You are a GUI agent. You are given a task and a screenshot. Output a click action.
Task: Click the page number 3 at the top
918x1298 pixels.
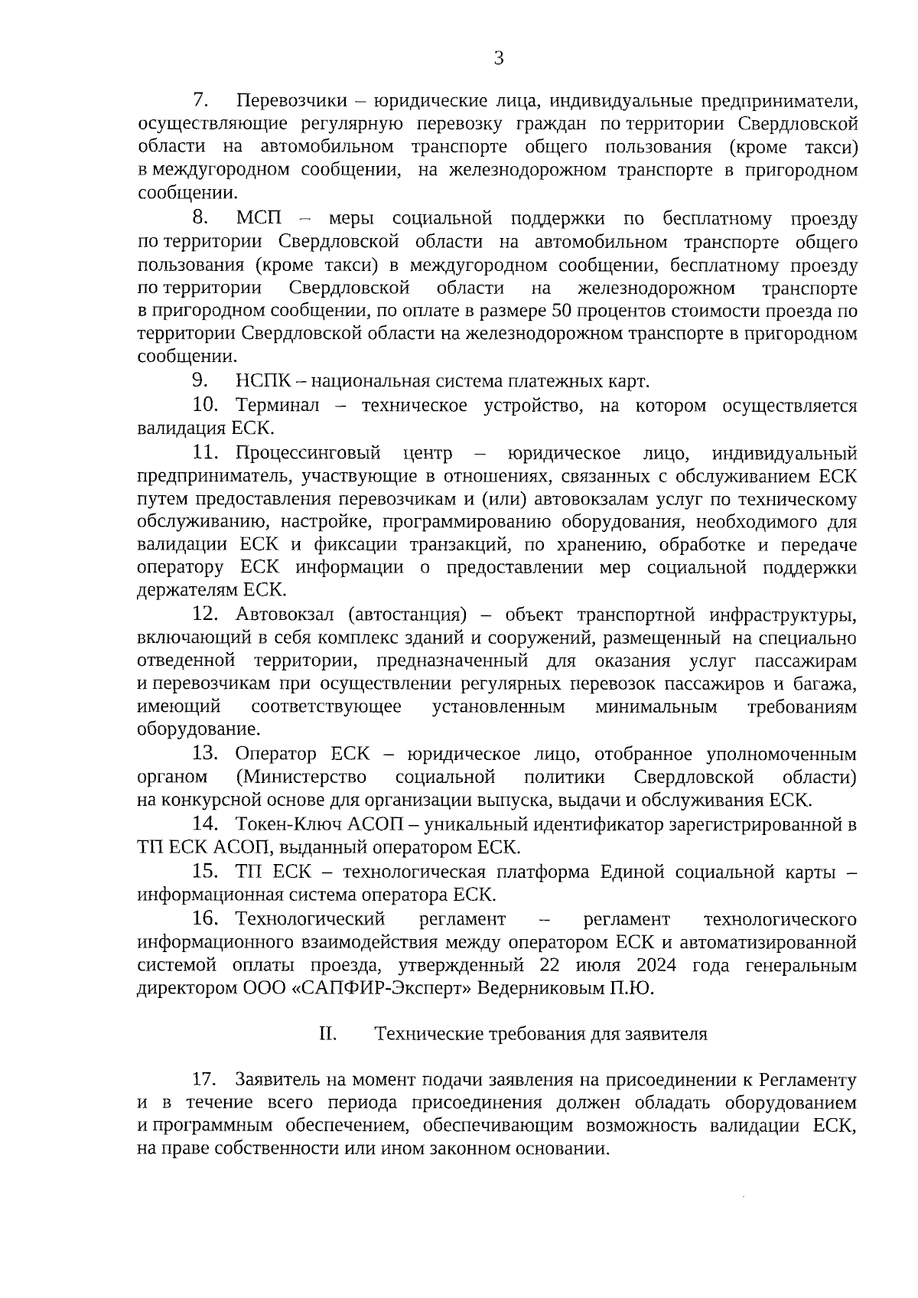pos(499,58)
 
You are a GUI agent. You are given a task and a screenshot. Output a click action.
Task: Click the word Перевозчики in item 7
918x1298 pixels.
pos(291,100)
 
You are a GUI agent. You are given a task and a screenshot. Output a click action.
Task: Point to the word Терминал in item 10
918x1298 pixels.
pos(278,405)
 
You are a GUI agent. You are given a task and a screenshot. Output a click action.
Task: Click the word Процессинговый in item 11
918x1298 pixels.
pos(308,453)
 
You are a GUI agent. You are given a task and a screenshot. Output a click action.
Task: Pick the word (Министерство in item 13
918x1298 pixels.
pos(301,778)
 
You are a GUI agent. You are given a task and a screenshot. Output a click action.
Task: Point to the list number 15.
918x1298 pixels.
pos(206,871)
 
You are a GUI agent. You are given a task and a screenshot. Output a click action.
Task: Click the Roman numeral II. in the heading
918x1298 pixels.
pos(327,1034)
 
